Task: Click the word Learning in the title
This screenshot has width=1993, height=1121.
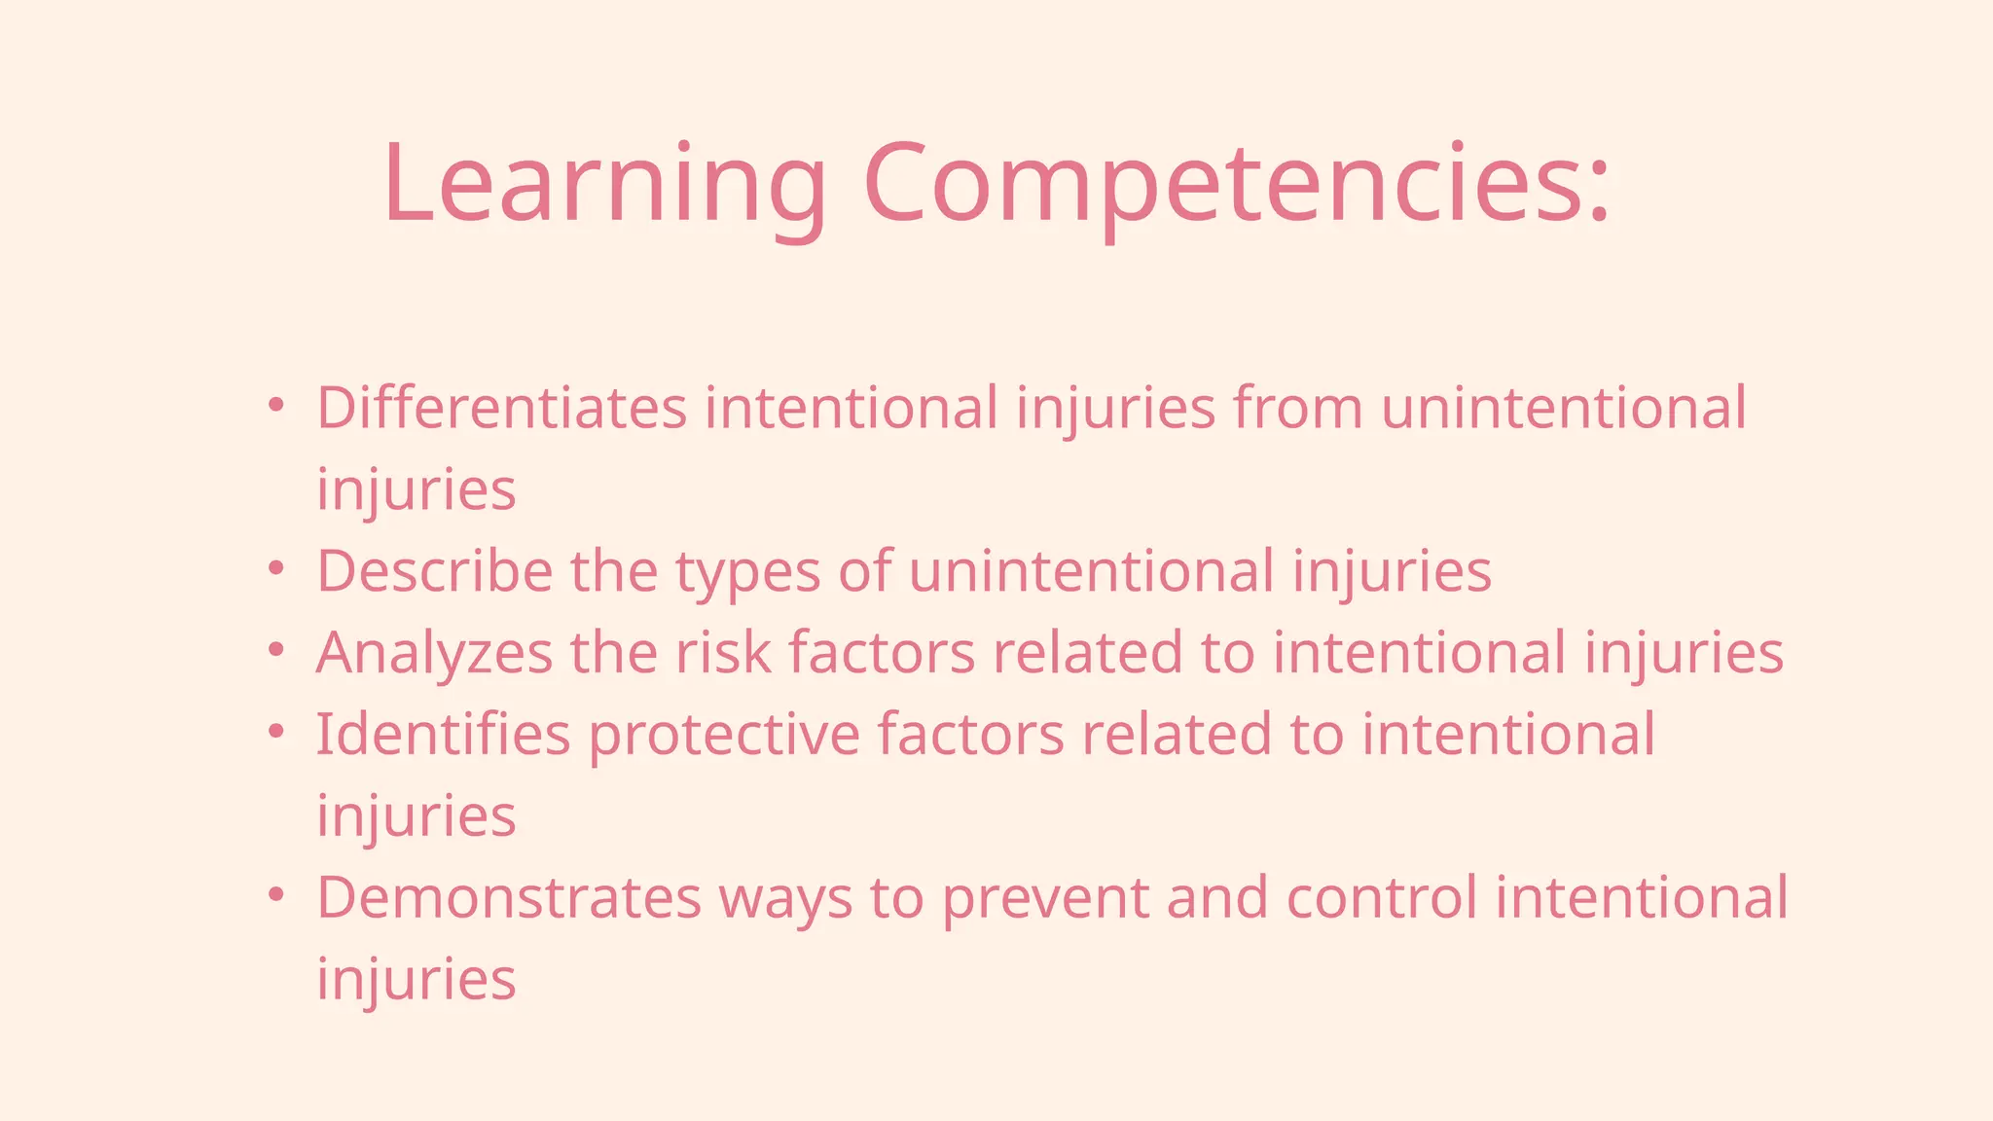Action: point(603,185)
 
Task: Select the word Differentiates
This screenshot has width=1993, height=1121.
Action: point(501,408)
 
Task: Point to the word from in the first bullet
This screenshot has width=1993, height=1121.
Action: point(1298,408)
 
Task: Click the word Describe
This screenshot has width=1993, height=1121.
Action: point(434,571)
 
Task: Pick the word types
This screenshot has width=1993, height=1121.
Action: point(747,574)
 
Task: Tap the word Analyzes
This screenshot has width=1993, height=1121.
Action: point(434,653)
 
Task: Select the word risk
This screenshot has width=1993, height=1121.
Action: point(723,653)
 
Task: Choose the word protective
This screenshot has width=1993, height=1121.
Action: point(724,737)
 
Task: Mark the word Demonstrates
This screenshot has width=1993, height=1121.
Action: point(509,897)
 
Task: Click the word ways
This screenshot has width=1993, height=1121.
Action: point(785,901)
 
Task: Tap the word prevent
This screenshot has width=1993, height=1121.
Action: point(1045,900)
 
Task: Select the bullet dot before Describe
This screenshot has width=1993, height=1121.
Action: point(276,567)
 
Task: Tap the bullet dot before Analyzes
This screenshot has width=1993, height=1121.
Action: point(276,649)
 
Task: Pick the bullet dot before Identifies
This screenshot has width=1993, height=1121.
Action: point(276,731)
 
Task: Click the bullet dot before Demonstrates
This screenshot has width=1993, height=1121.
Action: point(276,893)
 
